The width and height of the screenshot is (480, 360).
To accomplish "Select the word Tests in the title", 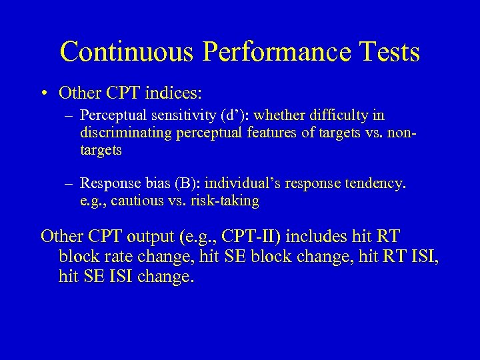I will pos(389,52).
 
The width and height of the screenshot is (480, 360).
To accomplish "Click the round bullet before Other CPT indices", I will pos(45,93).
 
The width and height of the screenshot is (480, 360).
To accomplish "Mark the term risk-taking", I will pos(225,200).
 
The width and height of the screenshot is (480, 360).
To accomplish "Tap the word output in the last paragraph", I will pos(144,236).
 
